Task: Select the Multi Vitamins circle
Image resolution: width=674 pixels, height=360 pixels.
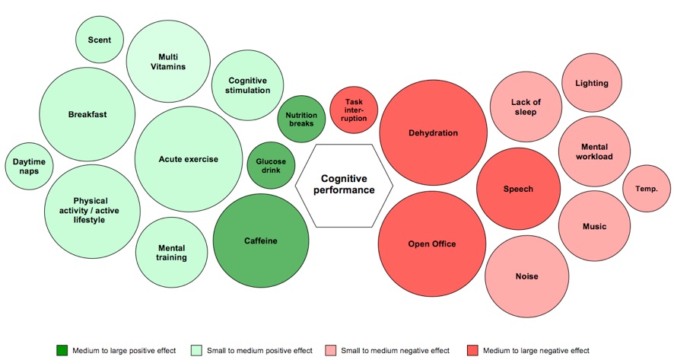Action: coord(168,62)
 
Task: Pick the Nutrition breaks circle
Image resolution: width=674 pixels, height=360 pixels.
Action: coord(301,119)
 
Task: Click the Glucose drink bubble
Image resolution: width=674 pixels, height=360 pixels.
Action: coord(271,165)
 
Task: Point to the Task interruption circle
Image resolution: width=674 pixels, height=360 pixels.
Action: coord(354,110)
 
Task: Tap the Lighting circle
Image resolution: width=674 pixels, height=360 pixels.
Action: coord(591,83)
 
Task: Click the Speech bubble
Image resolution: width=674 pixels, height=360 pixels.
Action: coord(518,189)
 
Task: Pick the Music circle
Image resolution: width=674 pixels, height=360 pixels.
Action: coord(594,226)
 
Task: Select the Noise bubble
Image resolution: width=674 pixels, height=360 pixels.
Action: coord(526,276)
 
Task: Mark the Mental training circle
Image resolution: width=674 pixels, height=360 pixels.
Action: coord(171,253)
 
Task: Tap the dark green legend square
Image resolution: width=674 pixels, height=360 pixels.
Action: coord(62,350)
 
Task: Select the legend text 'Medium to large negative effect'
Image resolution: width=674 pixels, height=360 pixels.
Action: coord(530,350)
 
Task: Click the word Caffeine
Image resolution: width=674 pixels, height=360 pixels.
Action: coord(260,241)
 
